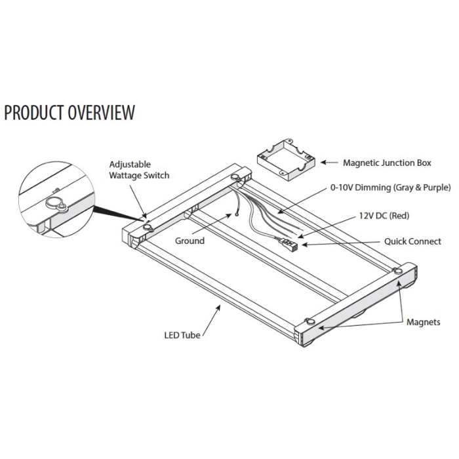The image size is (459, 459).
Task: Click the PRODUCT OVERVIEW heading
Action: [70, 113]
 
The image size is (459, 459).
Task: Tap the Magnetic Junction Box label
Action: [388, 162]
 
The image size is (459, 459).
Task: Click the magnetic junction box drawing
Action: [283, 157]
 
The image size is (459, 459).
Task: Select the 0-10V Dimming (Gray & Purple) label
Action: [389, 188]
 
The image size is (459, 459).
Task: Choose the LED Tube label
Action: [182, 335]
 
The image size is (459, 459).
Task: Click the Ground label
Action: [190, 241]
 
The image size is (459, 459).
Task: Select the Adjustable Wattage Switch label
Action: [139, 169]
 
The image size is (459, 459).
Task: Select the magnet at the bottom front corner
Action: [308, 320]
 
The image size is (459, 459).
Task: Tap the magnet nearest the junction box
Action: [237, 177]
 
